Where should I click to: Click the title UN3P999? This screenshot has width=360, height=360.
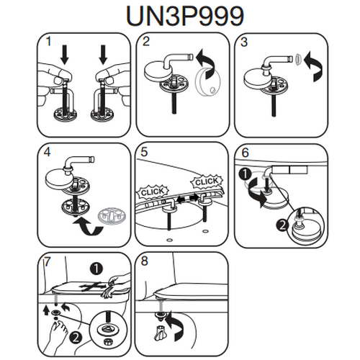click(185, 16)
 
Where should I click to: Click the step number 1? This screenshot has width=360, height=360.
click(48, 41)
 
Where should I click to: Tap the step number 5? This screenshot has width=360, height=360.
click(144, 152)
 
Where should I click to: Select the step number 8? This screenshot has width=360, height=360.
click(144, 261)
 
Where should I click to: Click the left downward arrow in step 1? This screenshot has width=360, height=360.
click(65, 55)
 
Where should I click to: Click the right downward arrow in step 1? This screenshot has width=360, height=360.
click(104, 55)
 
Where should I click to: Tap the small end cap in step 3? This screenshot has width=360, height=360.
click(298, 59)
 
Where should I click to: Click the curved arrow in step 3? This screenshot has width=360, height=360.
click(313, 66)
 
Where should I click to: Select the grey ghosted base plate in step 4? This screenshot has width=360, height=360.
click(112, 217)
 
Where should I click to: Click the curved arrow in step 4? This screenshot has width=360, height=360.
click(89, 226)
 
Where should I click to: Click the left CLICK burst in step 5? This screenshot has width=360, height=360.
click(153, 192)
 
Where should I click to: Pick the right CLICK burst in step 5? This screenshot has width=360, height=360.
click(207, 181)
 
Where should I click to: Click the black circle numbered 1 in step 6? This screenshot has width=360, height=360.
click(245, 174)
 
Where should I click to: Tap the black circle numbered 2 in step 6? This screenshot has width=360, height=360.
click(283, 225)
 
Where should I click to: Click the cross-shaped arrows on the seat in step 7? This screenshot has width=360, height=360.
click(93, 287)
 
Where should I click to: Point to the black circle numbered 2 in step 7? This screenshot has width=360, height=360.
click(76, 338)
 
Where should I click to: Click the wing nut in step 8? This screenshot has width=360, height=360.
click(159, 333)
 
